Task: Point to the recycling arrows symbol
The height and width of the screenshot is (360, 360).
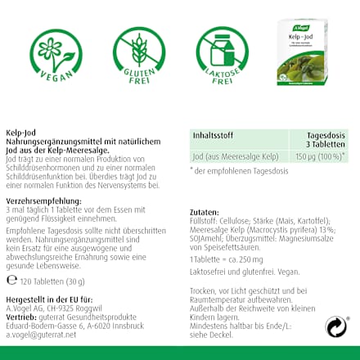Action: (x=336, y=327)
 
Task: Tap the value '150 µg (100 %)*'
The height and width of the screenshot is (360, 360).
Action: (x=320, y=155)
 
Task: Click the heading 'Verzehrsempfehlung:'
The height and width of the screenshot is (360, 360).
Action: (x=43, y=201)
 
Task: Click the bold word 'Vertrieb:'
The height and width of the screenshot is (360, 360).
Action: (x=20, y=317)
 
